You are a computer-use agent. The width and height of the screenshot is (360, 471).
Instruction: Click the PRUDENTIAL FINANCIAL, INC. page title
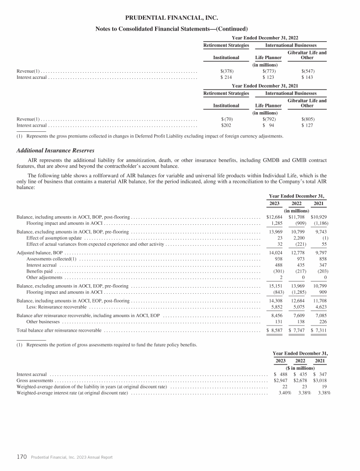click(172, 18)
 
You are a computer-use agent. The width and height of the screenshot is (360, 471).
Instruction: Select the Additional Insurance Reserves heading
click(55, 150)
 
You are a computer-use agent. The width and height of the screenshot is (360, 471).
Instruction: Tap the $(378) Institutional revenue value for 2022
click(227, 71)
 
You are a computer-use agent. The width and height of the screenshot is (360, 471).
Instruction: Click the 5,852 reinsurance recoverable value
click(274, 307)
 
